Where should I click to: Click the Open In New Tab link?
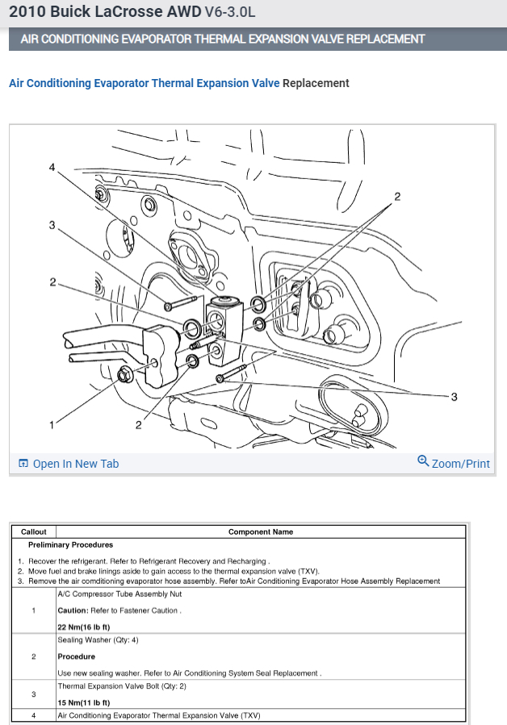coord(75,464)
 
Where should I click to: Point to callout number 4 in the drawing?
coord(52,168)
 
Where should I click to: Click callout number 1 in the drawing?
coord(52,424)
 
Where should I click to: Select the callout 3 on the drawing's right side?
coord(455,396)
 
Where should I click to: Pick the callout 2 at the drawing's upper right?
coord(397,196)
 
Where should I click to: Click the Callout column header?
coord(34,531)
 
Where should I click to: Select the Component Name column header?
coord(261,531)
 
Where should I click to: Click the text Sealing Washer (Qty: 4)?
coord(98,640)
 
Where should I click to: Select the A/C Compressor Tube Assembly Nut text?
coord(119,594)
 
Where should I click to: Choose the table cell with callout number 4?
coord(34,715)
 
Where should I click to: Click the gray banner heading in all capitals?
coord(222,39)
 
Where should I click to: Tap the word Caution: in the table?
coord(73,610)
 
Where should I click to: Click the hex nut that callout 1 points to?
coord(126,373)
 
